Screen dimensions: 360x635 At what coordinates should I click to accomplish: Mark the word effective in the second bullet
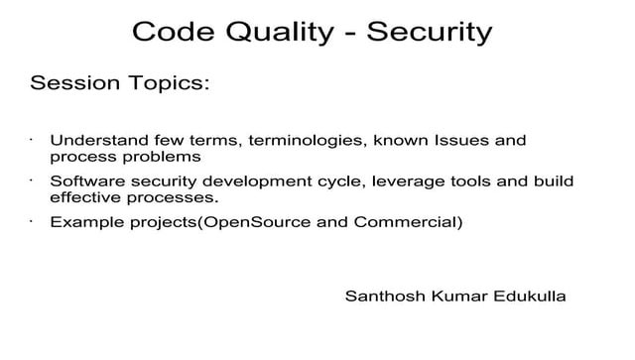pos(85,197)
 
